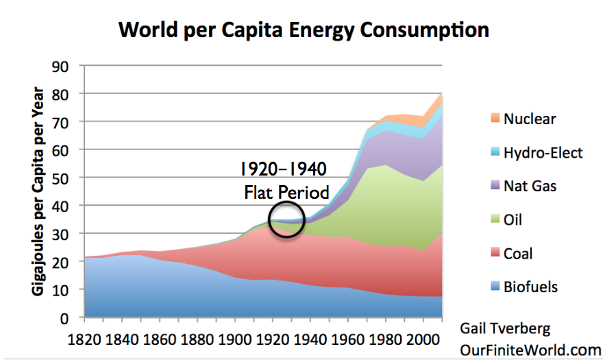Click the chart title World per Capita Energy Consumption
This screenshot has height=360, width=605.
coord(304,30)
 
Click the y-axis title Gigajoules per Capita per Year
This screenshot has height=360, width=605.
coord(37,191)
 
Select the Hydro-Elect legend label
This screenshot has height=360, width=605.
coord(543,152)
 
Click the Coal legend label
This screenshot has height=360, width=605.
coord(518,254)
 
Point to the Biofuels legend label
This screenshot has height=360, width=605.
coord(530,287)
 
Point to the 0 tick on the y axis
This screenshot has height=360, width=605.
coord(69,318)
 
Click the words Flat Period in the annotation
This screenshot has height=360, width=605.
coord(286,192)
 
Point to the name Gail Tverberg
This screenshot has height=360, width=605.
coord(506,328)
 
